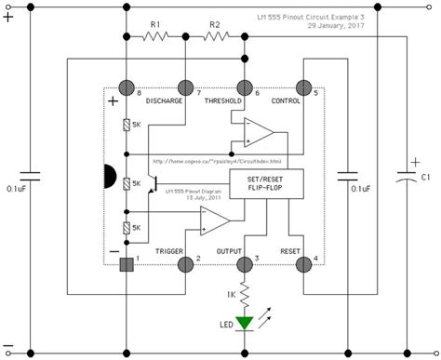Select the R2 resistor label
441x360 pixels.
(215, 25)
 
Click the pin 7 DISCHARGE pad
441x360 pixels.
(184, 86)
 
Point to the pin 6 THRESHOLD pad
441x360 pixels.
(245, 86)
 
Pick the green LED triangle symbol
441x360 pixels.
(245, 324)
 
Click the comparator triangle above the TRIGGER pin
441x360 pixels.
(214, 221)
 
